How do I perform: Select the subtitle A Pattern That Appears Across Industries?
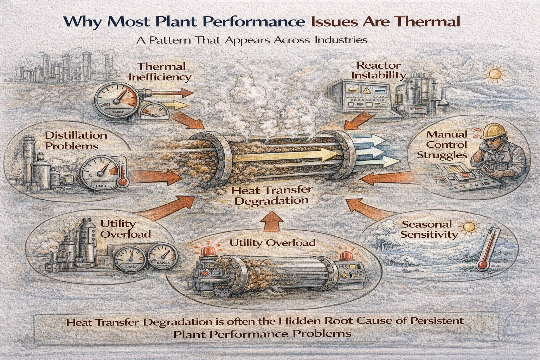point(252,39)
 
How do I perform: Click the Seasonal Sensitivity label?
point(426,229)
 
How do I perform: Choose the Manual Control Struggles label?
point(442,144)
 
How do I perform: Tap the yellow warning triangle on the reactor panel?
point(367,89)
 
